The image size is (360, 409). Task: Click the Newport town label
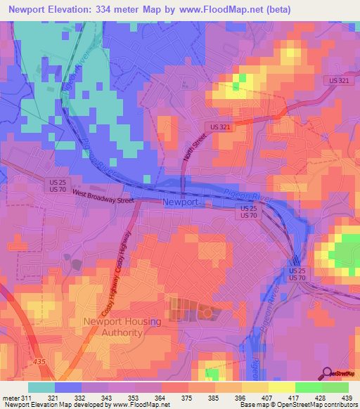click(180, 202)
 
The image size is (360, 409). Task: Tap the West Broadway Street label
click(103, 200)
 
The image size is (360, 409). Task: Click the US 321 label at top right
click(337, 81)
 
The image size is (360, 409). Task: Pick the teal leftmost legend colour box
click(41, 387)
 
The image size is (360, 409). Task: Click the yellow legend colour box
click(281, 387)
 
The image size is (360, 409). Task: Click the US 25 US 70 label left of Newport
click(59, 186)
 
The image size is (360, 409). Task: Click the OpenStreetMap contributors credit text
click(314, 405)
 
